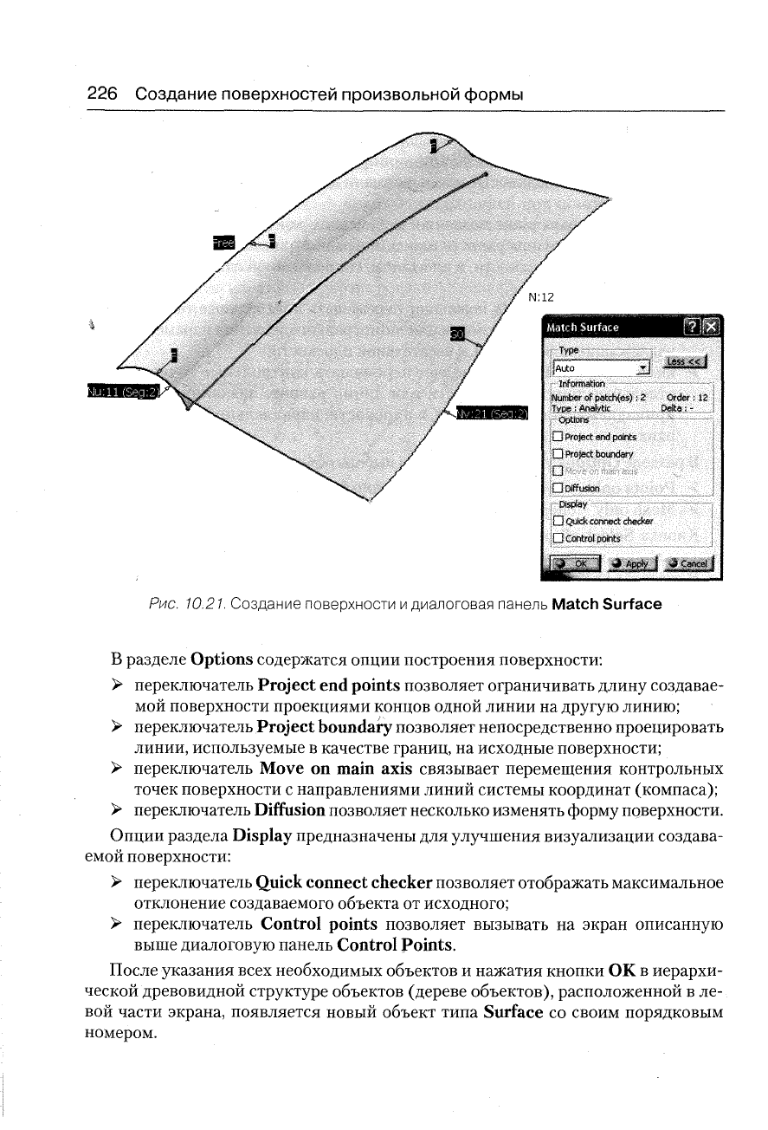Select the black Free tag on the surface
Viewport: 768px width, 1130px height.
tap(223, 244)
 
